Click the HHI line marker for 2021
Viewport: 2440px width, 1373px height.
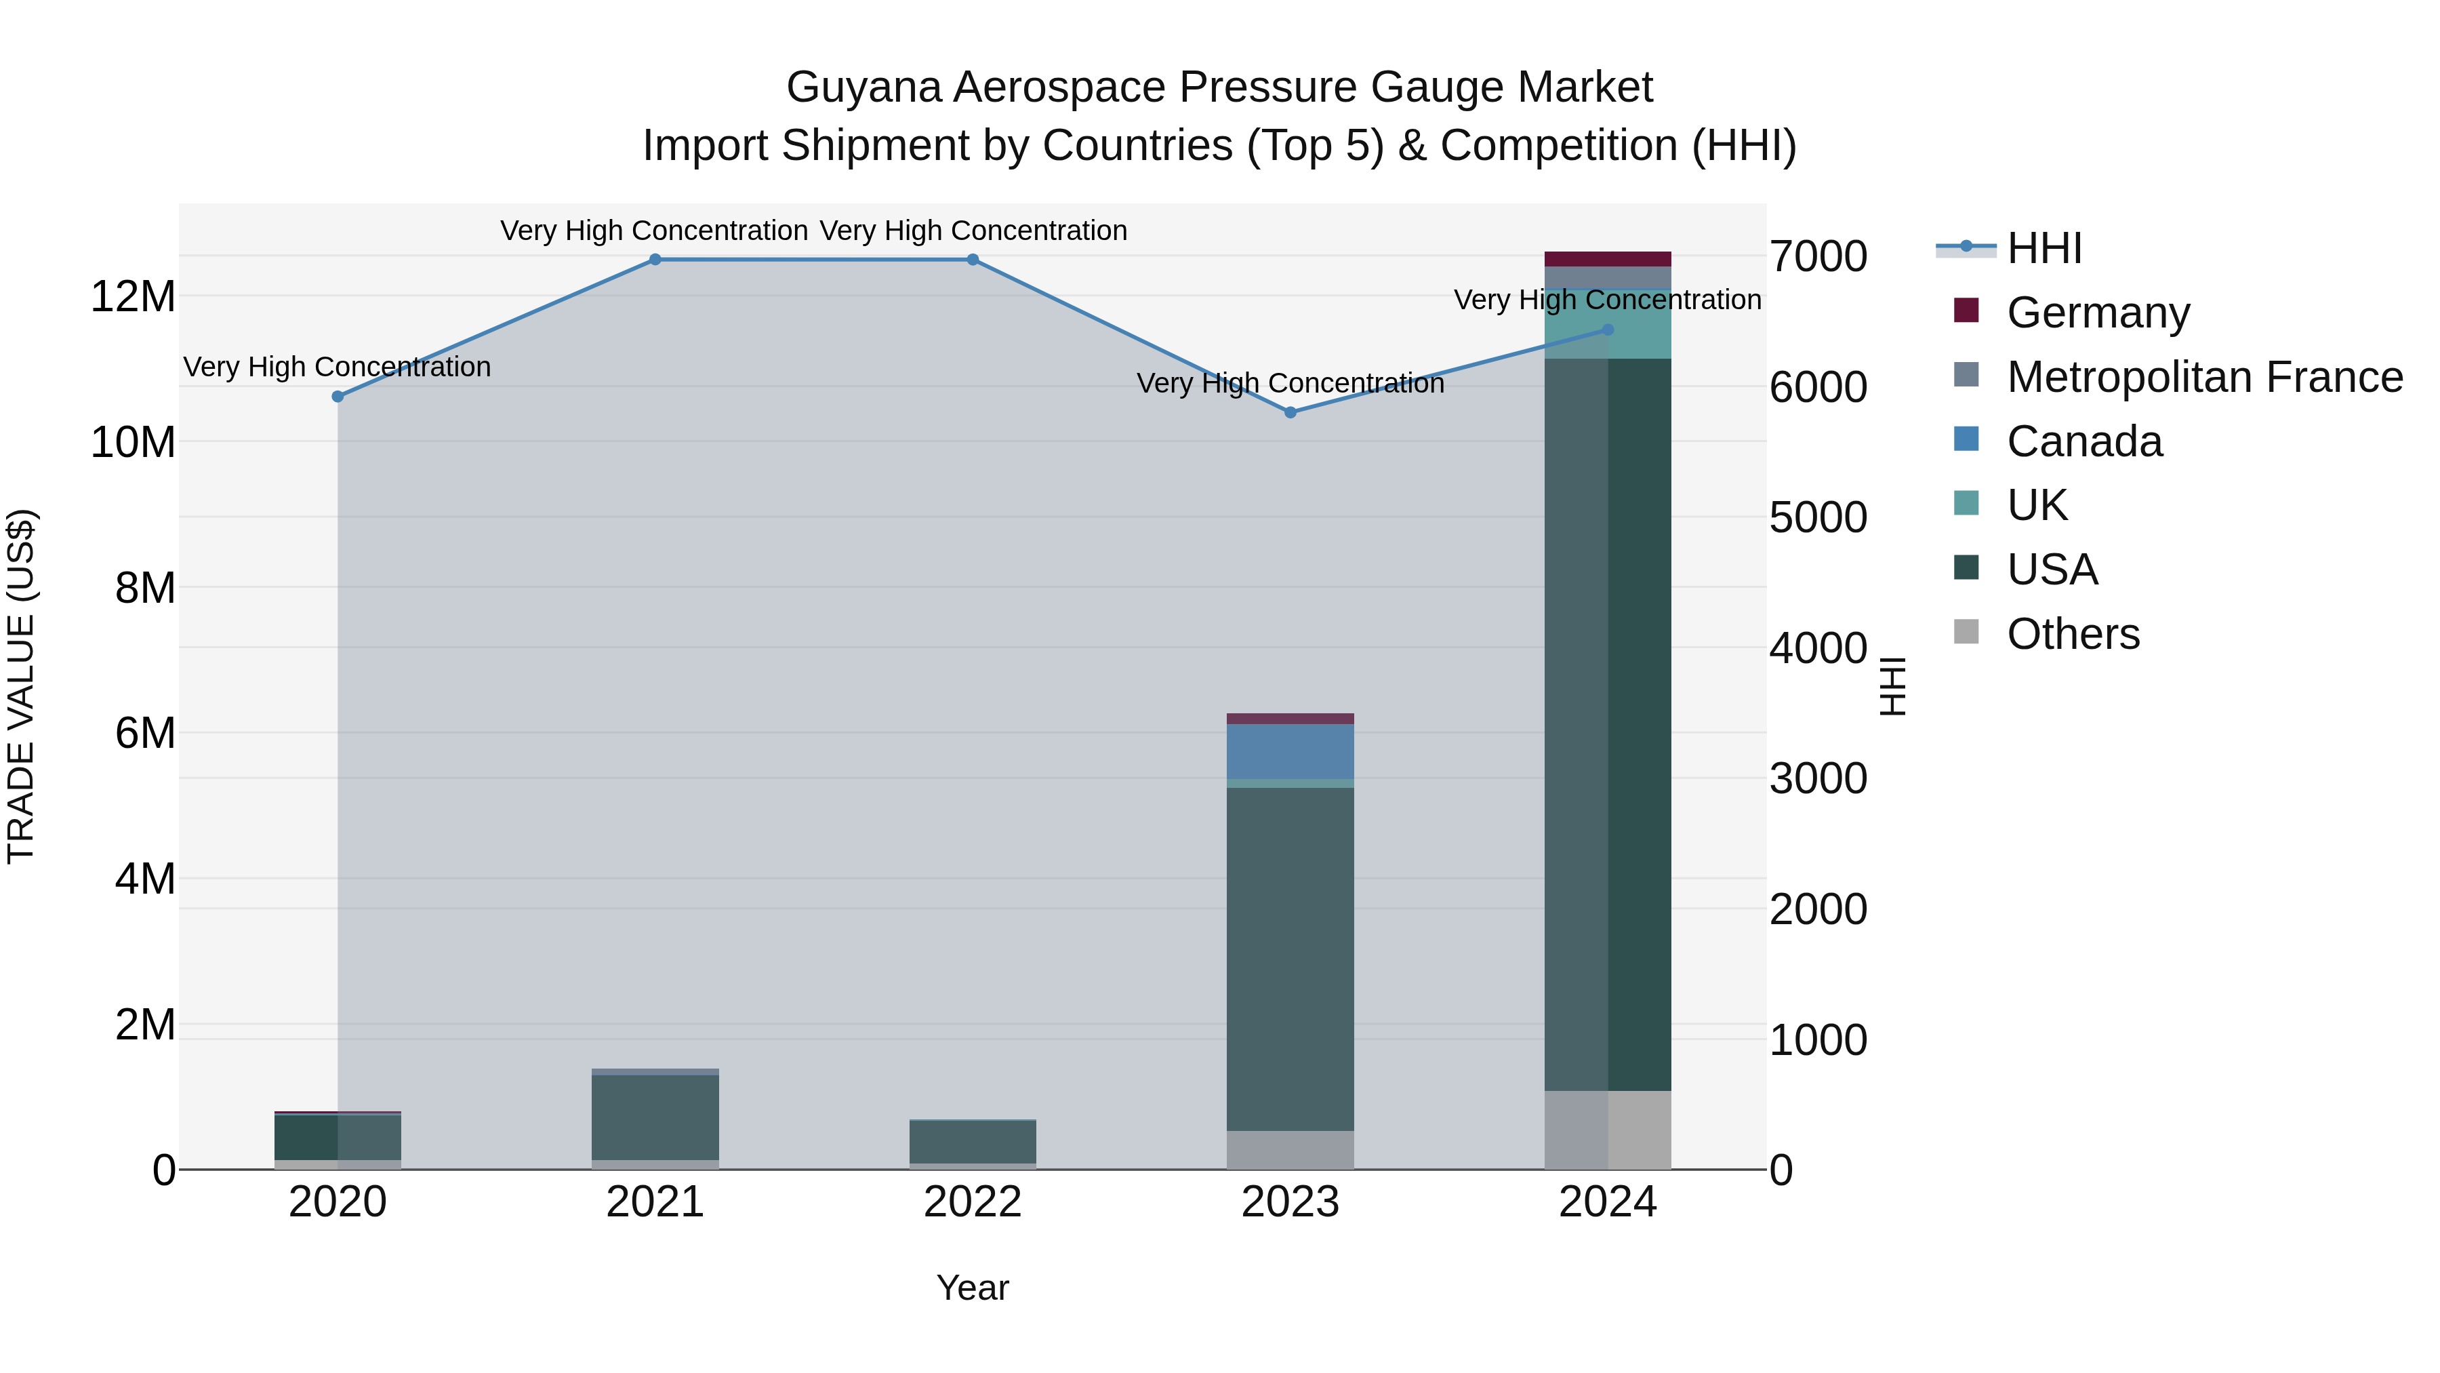tap(655, 260)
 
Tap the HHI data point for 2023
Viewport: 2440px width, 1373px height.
tap(1290, 412)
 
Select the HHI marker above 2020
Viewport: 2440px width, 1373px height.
tap(338, 396)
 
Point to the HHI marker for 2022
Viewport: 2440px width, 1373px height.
tap(973, 260)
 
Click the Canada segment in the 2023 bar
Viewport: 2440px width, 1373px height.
tap(1290, 751)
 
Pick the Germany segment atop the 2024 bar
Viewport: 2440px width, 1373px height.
tap(1608, 259)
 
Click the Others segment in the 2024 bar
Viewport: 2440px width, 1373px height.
tap(1608, 1130)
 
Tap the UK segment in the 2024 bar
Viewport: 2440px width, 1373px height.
tap(1608, 324)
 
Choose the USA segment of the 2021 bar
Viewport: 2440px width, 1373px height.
tap(655, 1117)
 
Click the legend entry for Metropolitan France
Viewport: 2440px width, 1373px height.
tap(2204, 377)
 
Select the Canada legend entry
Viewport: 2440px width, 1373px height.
tap(2084, 441)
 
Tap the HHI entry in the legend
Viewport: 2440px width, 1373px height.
tap(2044, 248)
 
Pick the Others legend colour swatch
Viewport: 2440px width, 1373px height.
tap(1966, 632)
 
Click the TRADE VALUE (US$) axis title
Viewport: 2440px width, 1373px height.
tap(21, 686)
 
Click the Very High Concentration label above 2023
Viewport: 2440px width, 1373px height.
tap(1290, 384)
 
